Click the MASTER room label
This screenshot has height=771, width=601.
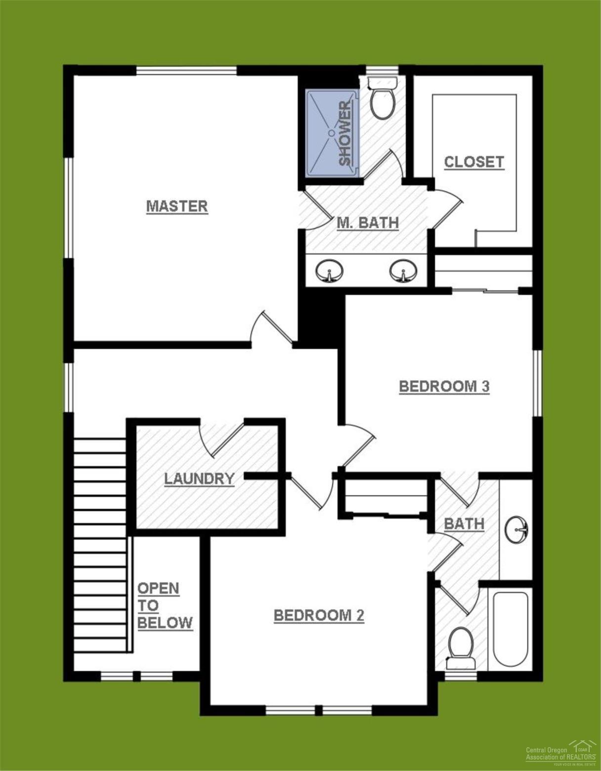pos(177,206)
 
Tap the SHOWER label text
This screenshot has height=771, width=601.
pos(345,133)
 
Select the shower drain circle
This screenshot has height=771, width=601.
pos(331,132)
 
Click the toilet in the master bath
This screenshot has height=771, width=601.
pos(383,99)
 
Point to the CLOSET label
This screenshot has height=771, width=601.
pos(474,162)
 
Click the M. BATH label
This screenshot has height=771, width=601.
pos(368,223)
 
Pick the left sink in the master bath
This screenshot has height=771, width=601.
pos(329,271)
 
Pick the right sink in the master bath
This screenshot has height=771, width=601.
pos(403,271)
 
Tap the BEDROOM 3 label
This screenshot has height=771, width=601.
pos(444,386)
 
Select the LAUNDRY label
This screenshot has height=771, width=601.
pos(199,478)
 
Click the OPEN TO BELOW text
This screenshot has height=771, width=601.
pos(165,605)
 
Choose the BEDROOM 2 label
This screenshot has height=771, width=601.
pos(319,615)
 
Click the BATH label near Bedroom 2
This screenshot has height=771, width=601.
pos(464,523)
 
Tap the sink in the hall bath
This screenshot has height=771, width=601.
pos(517,530)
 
